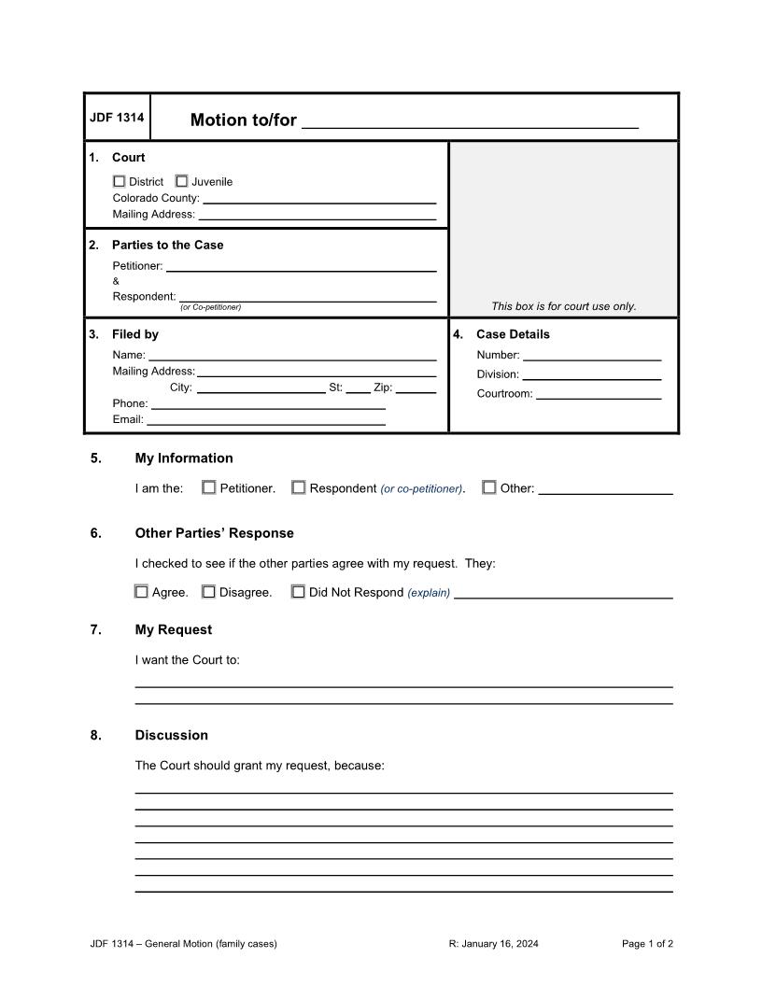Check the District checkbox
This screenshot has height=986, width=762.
[119, 181]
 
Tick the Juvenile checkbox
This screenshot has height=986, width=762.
[181, 181]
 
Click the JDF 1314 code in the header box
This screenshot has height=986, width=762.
[117, 118]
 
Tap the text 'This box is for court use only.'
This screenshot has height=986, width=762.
[563, 306]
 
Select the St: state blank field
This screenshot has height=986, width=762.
[358, 387]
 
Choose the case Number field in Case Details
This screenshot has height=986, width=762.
[592, 355]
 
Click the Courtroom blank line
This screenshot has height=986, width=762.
[599, 393]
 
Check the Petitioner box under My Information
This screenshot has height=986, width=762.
[209, 487]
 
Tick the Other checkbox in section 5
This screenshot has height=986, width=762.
[489, 487]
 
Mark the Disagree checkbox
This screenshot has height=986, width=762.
[209, 591]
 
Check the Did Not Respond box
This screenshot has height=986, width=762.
[298, 591]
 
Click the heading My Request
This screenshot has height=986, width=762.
[173, 629]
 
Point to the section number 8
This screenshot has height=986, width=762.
[96, 735]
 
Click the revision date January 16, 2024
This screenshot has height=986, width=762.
[493, 943]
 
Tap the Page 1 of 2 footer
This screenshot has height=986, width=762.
[647, 943]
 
